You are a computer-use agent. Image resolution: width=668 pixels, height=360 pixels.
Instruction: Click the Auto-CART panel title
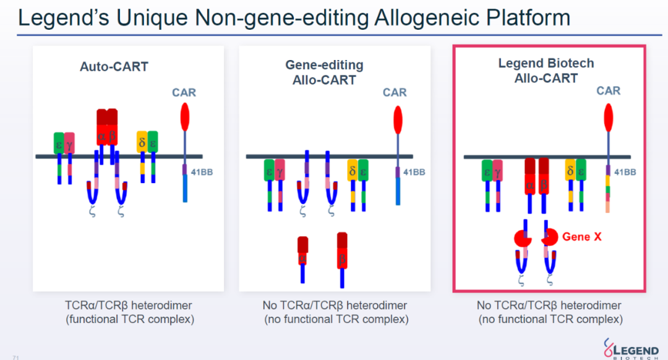pyautogui.click(x=114, y=66)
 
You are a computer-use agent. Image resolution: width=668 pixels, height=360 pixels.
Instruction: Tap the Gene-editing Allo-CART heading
pyautogui.click(x=324, y=72)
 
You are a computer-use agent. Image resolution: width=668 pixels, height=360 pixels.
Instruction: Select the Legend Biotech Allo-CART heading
pyautogui.click(x=546, y=71)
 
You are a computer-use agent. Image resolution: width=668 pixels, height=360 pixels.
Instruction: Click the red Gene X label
pyautogui.click(x=582, y=237)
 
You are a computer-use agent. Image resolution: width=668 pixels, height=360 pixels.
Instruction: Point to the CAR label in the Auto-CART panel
pyautogui.click(x=184, y=92)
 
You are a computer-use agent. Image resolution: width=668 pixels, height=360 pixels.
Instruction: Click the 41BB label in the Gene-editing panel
pyautogui.click(x=414, y=172)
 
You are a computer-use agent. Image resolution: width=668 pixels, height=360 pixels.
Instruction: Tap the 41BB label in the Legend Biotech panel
pyautogui.click(x=625, y=172)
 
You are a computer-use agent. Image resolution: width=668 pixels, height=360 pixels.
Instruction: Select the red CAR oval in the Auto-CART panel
pyautogui.click(x=185, y=117)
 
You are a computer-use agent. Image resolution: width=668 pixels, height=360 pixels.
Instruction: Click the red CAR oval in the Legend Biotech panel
pyautogui.click(x=609, y=118)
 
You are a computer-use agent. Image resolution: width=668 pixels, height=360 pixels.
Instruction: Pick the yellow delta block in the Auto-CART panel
pyautogui.click(x=142, y=142)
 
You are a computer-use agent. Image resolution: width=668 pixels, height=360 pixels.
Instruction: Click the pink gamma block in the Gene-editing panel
pyautogui.click(x=280, y=171)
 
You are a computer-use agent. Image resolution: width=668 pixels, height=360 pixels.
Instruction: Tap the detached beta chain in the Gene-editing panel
pyautogui.click(x=342, y=260)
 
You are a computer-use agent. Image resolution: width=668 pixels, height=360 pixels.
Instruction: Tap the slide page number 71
pyautogui.click(x=15, y=358)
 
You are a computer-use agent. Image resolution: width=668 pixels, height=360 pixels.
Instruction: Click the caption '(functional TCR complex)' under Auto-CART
pyautogui.click(x=130, y=319)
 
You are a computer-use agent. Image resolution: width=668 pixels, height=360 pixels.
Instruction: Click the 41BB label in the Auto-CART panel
pyautogui.click(x=202, y=172)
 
